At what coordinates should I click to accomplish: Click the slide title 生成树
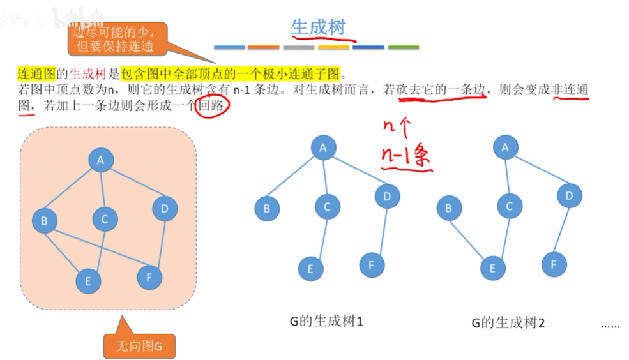coord(317,27)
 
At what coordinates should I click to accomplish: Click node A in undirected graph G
coord(100,161)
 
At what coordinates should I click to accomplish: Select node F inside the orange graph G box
coord(149,277)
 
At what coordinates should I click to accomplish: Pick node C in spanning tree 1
coord(327,206)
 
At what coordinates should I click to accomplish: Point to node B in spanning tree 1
coord(266,208)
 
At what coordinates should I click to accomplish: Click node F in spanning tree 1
coord(372,265)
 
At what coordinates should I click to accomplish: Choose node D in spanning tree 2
coord(569,196)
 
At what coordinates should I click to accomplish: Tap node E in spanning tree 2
coord(492,269)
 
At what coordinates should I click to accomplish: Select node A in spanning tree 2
coord(506,148)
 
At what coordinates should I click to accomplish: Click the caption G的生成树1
coord(326,321)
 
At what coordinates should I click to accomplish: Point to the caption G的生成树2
coord(508,323)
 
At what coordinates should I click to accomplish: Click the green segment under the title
coord(403,47)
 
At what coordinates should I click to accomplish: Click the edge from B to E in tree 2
coord(469,237)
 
